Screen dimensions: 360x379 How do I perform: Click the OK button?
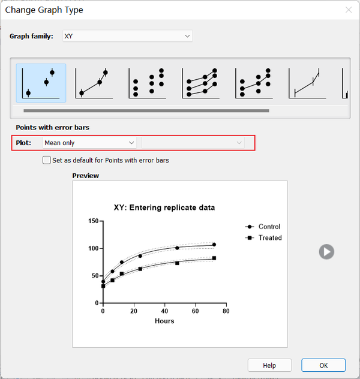tap(323, 365)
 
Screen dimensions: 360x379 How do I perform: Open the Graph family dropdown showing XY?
tap(127, 36)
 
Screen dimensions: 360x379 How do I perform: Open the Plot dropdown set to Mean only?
tap(89, 143)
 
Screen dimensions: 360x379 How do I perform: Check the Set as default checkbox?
tap(47, 160)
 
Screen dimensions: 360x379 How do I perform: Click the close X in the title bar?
tap(349, 10)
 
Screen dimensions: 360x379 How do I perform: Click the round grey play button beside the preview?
tap(326, 252)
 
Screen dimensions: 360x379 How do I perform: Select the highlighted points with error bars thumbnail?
tap(41, 83)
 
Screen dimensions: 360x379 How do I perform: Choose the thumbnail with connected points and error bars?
tap(94, 83)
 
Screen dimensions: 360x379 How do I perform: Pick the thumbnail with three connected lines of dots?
tap(200, 83)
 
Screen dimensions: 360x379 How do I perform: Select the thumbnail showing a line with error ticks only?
tap(307, 83)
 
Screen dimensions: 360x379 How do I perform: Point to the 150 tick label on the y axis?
tap(94, 221)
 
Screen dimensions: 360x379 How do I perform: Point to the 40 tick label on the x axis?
tap(164, 311)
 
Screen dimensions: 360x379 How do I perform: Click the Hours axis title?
tap(164, 321)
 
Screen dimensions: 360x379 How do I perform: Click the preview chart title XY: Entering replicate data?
tap(164, 207)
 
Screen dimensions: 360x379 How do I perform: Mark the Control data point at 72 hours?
tap(214, 245)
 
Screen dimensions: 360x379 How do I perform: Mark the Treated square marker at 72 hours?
tap(214, 258)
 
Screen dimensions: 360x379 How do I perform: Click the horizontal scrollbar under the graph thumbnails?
tap(146, 111)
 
